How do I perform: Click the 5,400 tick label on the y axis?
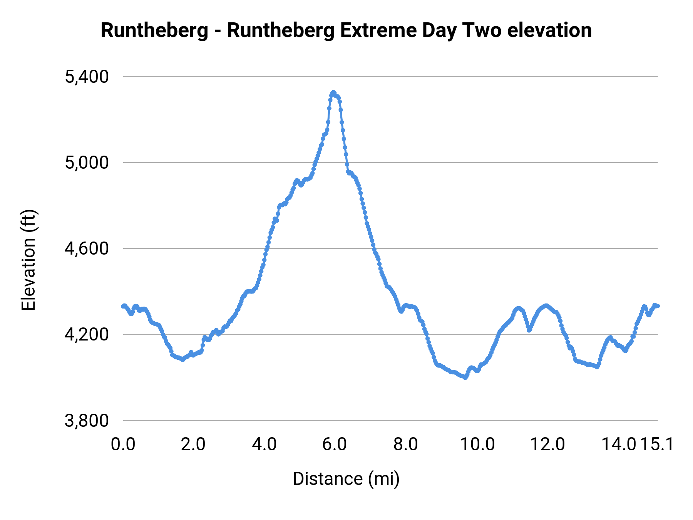(87, 77)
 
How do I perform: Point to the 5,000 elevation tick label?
(87, 163)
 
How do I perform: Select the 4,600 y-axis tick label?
(87, 249)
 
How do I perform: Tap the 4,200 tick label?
(87, 335)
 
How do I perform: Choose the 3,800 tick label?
(87, 421)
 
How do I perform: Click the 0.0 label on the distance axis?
(123, 445)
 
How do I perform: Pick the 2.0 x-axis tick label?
(194, 445)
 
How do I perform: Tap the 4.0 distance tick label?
(264, 445)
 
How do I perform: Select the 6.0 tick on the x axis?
(335, 445)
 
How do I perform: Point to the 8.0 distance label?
(406, 445)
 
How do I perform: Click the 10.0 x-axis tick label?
(477, 445)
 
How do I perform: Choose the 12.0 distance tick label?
(548, 445)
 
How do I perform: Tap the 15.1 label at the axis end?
(658, 445)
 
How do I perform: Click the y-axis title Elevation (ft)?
(28, 260)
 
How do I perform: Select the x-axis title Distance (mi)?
(346, 479)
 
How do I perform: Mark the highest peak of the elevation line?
(333, 92)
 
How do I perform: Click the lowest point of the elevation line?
(465, 378)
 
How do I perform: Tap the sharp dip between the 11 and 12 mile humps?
(529, 330)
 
